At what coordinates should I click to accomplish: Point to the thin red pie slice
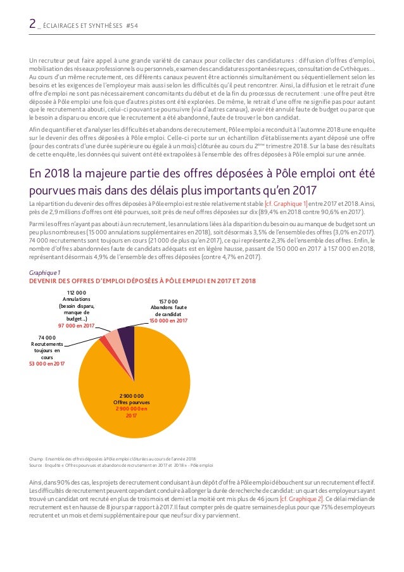(104, 343)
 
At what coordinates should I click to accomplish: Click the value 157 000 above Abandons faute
(168, 301)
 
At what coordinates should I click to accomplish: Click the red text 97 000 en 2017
(77, 326)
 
